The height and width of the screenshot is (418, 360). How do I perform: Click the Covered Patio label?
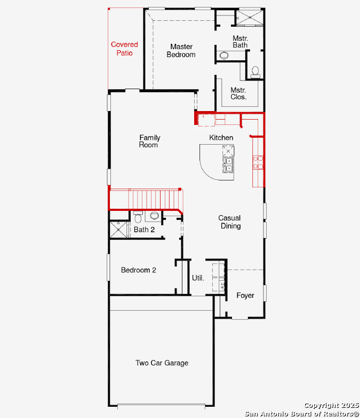point(124,49)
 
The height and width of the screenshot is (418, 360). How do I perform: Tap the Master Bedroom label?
point(181,51)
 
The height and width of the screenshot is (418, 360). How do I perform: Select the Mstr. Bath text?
point(240,42)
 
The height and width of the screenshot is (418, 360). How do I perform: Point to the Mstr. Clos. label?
point(238,93)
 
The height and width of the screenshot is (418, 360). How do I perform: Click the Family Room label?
point(149,141)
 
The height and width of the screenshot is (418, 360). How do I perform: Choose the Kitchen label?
point(221,138)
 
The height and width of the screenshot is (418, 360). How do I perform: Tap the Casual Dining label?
point(229,222)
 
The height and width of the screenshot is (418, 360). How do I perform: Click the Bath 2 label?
point(144,230)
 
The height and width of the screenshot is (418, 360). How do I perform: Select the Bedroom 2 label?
point(139,270)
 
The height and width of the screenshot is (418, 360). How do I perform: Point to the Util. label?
point(198,278)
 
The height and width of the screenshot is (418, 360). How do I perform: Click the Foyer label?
point(245,295)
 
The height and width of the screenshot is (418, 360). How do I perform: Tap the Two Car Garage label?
point(162,363)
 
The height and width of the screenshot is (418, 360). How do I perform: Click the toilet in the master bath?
point(255,73)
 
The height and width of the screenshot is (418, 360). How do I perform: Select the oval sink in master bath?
point(224,56)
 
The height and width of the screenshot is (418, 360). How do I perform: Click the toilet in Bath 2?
point(138,217)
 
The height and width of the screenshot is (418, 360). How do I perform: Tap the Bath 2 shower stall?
point(119,229)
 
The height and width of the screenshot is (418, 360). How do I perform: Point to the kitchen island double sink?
point(228,165)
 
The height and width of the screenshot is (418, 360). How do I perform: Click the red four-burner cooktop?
point(258,162)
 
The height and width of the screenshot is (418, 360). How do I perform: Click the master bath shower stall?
point(250,18)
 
